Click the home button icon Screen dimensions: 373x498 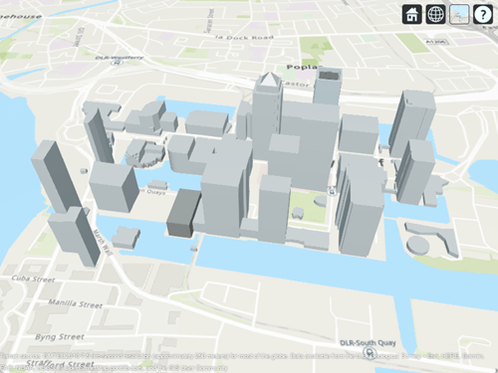pos(412,14)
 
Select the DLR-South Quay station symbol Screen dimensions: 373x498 pos(371,351)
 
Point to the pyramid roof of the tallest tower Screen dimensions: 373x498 pos(270,81)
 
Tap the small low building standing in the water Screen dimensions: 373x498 pos(124,237)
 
